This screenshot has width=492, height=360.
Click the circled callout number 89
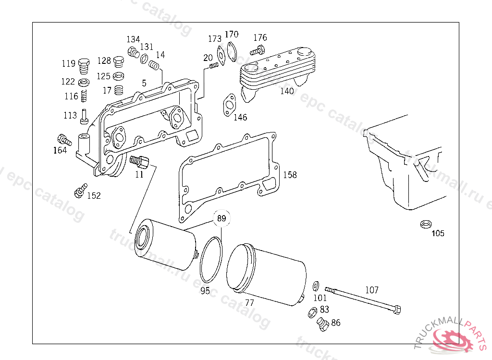221,219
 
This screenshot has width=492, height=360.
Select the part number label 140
287,91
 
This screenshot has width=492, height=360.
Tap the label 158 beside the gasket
290,175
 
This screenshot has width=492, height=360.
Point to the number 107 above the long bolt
372,290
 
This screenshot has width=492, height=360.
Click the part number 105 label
438,234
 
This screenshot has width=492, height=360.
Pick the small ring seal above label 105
425,224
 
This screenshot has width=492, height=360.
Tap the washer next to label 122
84,82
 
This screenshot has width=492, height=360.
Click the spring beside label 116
84,96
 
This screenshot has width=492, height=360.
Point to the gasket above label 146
229,105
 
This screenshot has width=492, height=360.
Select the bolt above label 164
64,140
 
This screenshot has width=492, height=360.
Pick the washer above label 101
316,286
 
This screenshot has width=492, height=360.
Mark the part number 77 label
249,303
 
